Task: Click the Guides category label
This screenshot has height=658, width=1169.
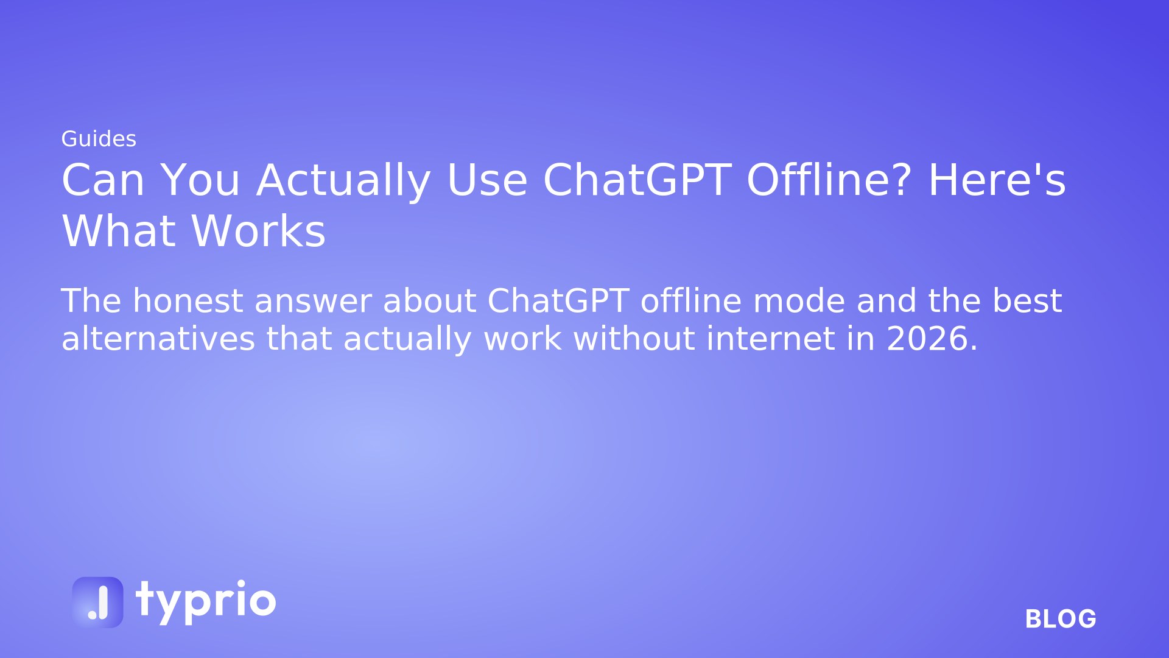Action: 99,140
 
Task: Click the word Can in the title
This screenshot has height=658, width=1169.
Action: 103,180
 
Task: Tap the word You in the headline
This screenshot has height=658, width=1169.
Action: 200,180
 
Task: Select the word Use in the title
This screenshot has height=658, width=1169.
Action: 487,180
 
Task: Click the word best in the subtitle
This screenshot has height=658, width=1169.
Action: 1027,301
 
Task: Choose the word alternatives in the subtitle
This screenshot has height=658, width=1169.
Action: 158,339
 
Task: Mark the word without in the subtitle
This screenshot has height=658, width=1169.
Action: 634,339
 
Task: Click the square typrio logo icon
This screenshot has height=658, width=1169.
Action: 97,602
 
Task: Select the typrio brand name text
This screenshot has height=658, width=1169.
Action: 206,602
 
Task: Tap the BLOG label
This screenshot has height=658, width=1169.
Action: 1061,619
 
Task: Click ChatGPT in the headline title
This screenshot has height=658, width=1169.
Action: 637,180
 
